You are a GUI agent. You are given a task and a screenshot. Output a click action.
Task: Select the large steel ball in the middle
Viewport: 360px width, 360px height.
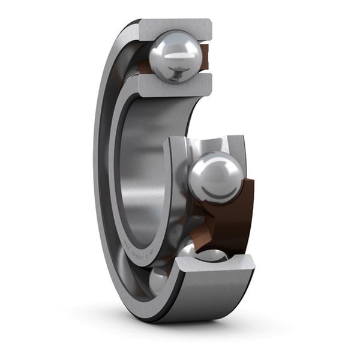click(215, 178)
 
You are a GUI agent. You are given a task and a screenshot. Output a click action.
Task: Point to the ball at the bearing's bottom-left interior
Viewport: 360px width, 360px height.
click(159, 279)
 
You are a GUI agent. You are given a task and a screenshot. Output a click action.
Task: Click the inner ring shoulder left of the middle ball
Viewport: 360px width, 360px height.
click(178, 180)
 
